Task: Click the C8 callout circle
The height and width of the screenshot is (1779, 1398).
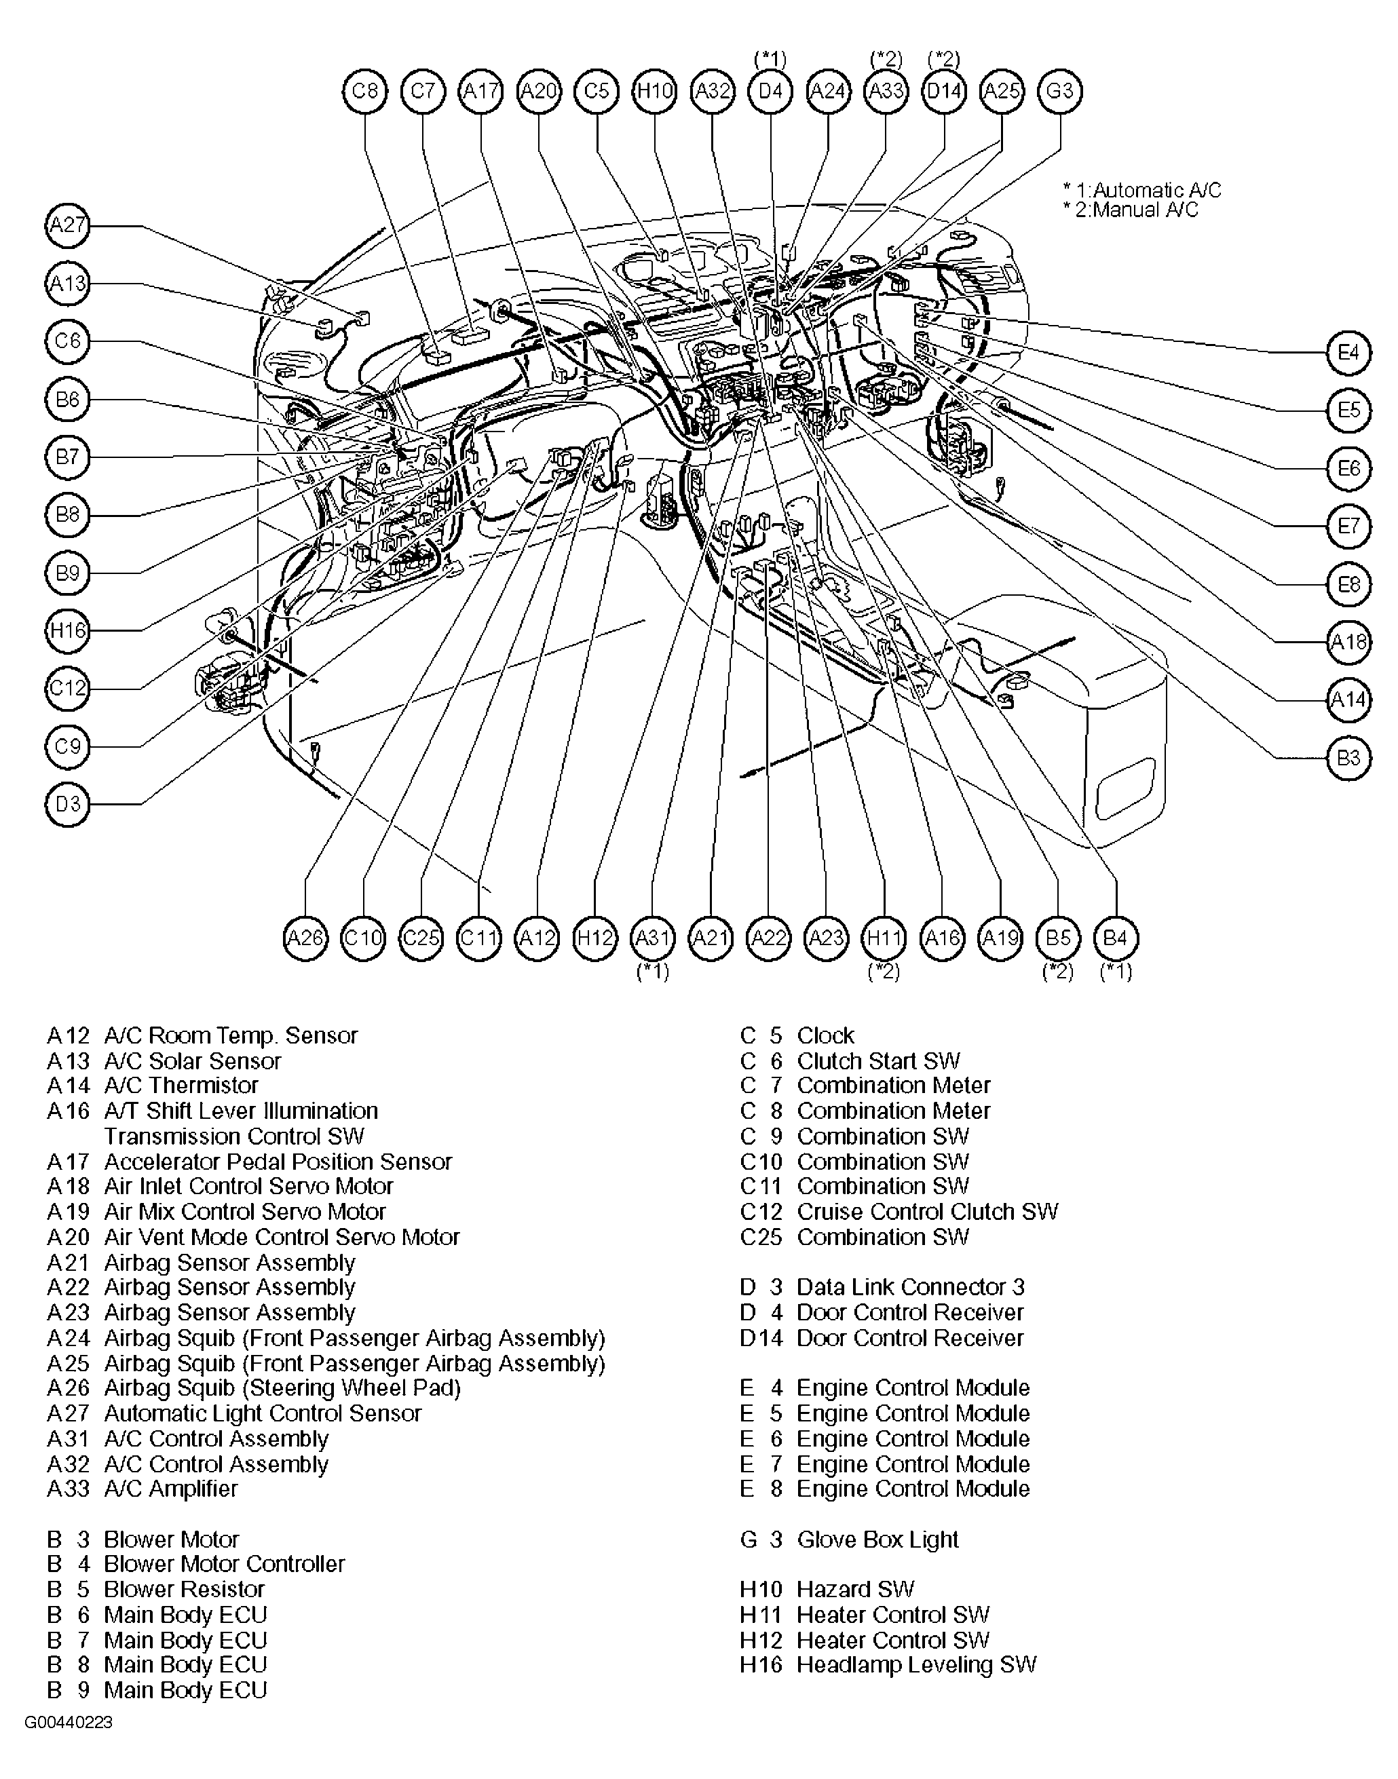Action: (x=364, y=91)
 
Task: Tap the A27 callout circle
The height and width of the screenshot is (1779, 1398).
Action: (x=67, y=225)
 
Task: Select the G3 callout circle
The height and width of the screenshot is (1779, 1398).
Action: (x=1059, y=91)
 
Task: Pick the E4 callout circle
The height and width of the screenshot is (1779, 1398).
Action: (x=1348, y=353)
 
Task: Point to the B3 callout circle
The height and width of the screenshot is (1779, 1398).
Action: (x=1348, y=758)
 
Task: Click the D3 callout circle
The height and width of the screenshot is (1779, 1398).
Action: (x=67, y=805)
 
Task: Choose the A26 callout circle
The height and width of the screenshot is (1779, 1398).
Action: (x=305, y=938)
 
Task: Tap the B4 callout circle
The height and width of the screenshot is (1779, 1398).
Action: (x=1116, y=938)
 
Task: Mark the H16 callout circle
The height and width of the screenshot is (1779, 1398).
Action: (x=67, y=631)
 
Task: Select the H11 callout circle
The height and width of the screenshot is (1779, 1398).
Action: (x=884, y=938)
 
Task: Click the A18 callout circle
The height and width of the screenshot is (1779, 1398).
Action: (x=1348, y=642)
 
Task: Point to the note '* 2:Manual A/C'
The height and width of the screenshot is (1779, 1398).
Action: (x=1131, y=210)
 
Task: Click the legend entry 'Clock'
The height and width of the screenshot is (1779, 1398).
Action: (x=825, y=1035)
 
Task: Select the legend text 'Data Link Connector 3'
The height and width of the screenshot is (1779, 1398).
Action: (x=910, y=1287)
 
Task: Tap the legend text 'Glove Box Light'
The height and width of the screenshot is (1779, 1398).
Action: (x=877, y=1539)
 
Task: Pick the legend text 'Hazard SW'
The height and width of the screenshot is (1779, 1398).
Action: (x=854, y=1589)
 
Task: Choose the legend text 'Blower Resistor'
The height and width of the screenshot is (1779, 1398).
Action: (x=184, y=1589)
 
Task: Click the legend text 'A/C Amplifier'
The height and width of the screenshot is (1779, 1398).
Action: (x=171, y=1489)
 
